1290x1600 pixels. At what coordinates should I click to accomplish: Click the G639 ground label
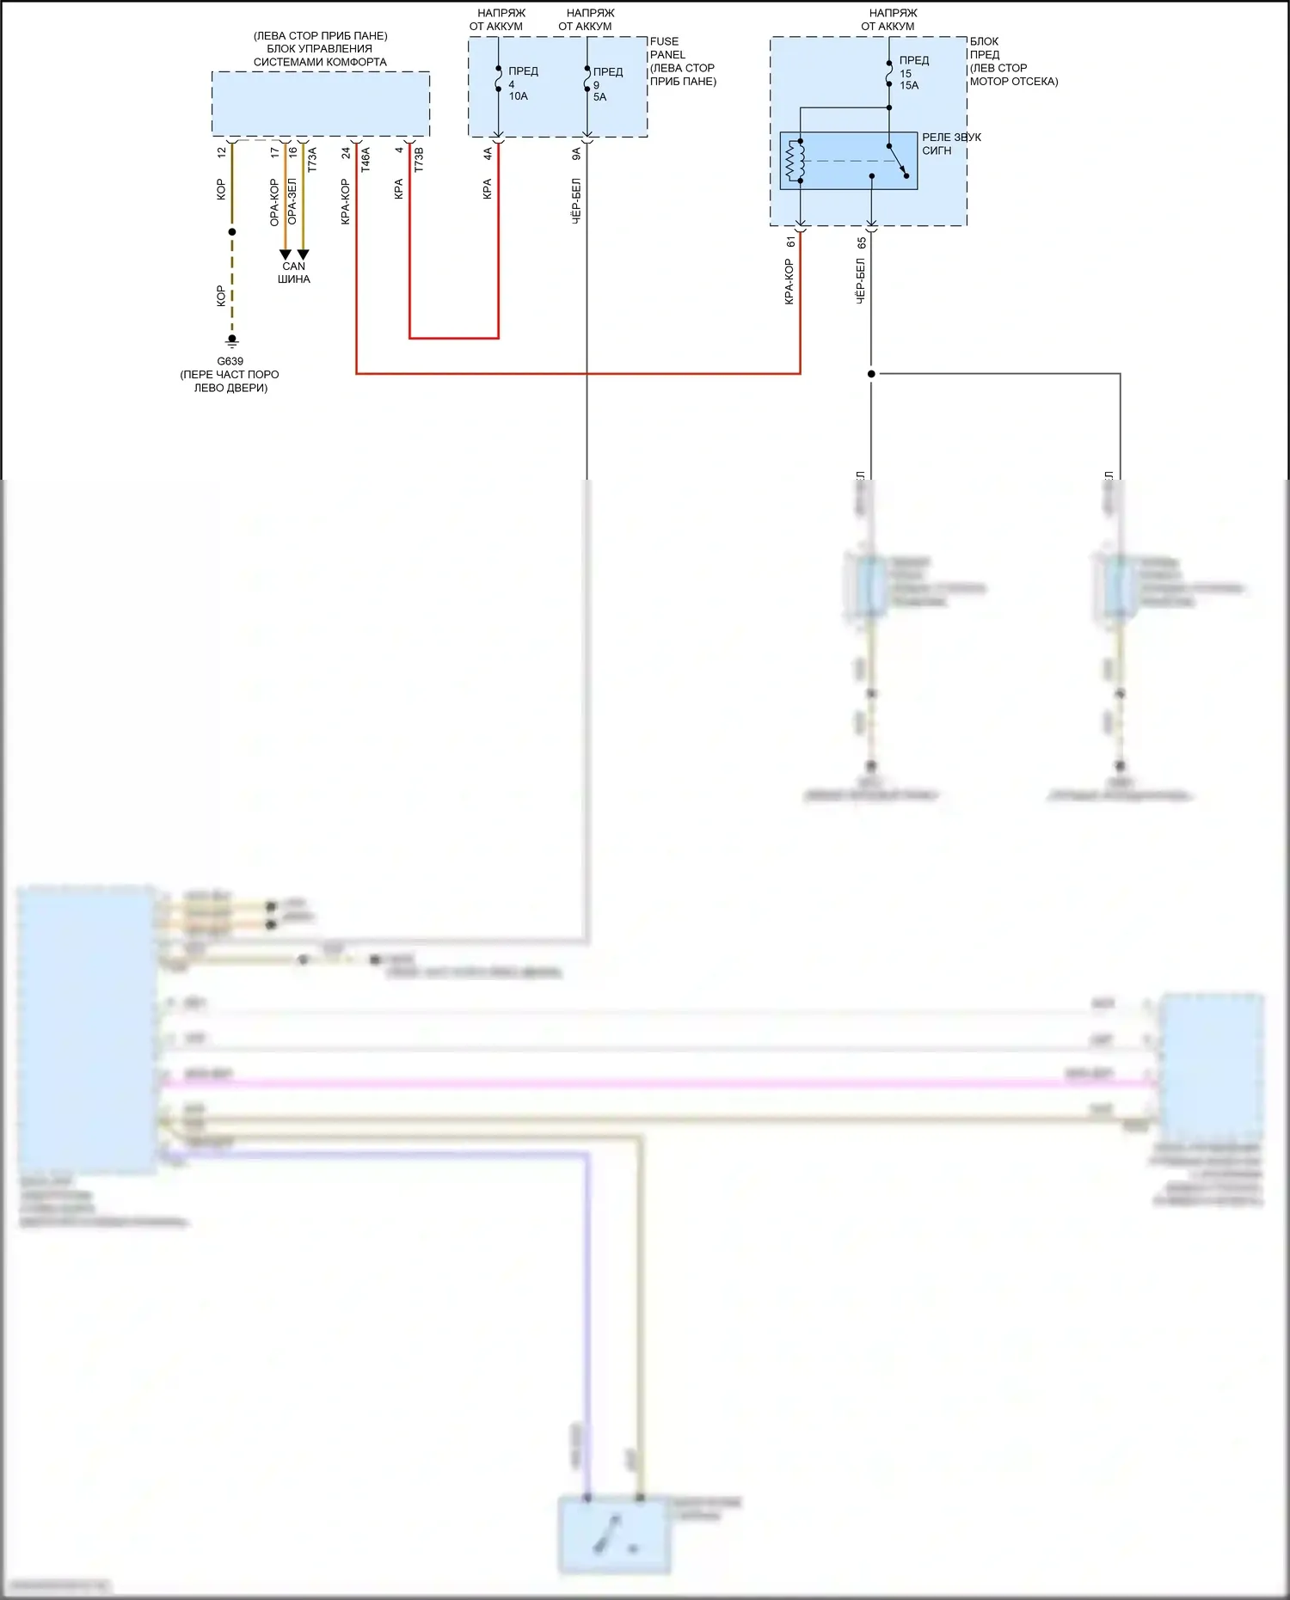point(230,361)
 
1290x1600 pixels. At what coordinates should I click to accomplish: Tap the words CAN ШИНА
point(294,273)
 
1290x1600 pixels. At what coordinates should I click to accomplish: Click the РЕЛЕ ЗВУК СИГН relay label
point(950,144)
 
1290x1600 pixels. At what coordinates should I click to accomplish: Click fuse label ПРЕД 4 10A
point(521,83)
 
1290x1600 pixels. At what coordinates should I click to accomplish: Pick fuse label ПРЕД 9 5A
point(606,84)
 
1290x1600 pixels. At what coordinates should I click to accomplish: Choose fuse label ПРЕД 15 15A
point(912,73)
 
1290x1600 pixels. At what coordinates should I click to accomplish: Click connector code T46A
point(365,159)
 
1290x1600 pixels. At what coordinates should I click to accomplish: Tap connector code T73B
point(419,159)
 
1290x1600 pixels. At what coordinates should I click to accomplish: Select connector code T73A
point(312,159)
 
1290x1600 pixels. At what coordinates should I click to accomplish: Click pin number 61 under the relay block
point(790,242)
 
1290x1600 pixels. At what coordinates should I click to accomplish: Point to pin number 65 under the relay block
point(861,243)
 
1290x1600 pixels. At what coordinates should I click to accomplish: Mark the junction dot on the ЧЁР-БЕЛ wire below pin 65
point(871,374)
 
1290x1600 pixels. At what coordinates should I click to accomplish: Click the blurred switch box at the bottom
point(614,1535)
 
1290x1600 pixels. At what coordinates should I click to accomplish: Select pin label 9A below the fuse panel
point(576,154)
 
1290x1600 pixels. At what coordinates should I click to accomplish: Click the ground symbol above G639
point(231,341)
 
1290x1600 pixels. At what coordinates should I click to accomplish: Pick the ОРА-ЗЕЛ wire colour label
point(292,202)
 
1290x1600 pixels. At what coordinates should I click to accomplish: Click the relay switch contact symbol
point(898,161)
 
